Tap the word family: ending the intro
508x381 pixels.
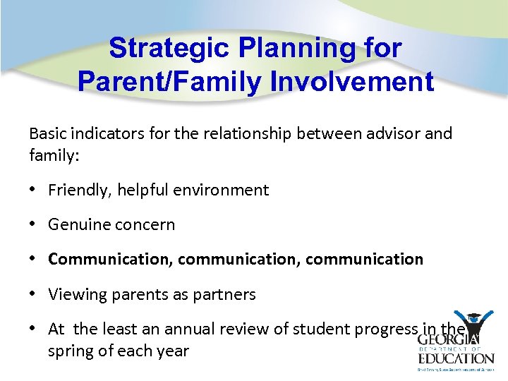(x=54, y=155)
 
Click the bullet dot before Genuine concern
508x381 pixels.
(x=33, y=225)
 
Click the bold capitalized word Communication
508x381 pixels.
(x=110, y=259)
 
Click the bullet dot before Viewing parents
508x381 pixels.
(x=33, y=294)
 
